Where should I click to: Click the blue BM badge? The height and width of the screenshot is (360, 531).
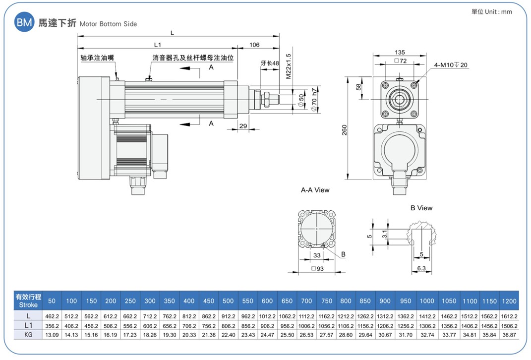pyautogui.click(x=24, y=22)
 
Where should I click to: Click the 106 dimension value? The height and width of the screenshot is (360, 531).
pyautogui.click(x=254, y=45)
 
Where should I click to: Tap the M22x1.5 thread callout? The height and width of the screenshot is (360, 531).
pyautogui.click(x=289, y=66)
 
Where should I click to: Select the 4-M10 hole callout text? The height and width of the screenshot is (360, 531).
pyautogui.click(x=451, y=65)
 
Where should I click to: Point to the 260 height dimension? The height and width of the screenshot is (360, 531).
pyautogui.click(x=345, y=130)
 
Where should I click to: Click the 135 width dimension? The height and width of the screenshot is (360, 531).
pyautogui.click(x=400, y=53)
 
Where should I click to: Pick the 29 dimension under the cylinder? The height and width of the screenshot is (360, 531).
pyautogui.click(x=243, y=126)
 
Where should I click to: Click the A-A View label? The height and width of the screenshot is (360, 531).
pyautogui.click(x=315, y=190)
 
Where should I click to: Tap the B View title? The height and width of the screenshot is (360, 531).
pyautogui.click(x=421, y=208)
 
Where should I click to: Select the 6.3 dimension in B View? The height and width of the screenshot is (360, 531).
pyautogui.click(x=421, y=268)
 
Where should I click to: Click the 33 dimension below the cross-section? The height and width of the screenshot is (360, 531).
pyautogui.click(x=317, y=255)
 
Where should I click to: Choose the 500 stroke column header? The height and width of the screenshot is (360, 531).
pyautogui.click(x=228, y=300)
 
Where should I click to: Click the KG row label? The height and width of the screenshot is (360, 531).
pyautogui.click(x=28, y=335)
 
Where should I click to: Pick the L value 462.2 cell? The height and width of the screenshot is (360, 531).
pyautogui.click(x=52, y=316)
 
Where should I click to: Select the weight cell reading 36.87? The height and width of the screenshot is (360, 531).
pyautogui.click(x=509, y=335)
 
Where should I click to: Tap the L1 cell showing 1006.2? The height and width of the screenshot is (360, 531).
pyautogui.click(x=306, y=326)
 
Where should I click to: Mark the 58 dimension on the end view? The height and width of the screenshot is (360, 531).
pyautogui.click(x=358, y=87)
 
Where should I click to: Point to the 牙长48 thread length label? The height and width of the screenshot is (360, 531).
pyautogui.click(x=270, y=63)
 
